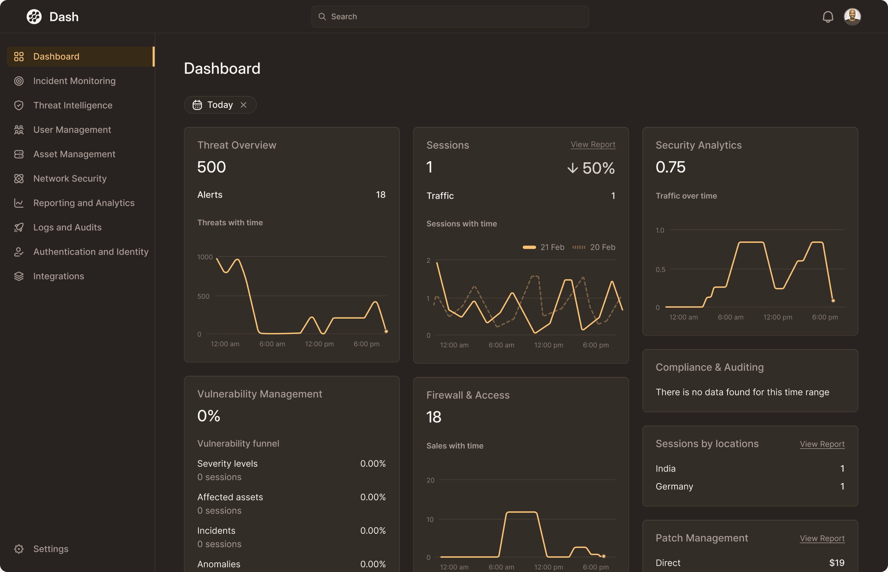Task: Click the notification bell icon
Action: point(828,17)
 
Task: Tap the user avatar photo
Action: point(852,17)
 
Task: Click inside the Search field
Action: point(450,16)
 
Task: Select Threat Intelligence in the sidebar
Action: point(73,105)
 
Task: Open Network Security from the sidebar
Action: point(70,178)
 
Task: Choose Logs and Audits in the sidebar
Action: point(67,227)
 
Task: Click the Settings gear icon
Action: point(19,549)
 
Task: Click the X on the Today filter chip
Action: point(244,105)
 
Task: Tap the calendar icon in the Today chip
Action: point(197,105)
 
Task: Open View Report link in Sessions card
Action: point(593,144)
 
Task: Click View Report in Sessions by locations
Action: point(822,444)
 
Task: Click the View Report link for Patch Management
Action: point(822,538)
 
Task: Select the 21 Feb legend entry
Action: point(544,247)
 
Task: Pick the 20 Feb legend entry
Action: point(594,247)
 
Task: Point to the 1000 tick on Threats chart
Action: point(205,257)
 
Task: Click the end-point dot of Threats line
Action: point(386,331)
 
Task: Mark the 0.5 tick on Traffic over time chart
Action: point(660,270)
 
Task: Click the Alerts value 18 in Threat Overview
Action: point(381,195)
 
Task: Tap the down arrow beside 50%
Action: point(572,168)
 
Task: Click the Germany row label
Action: point(674,486)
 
